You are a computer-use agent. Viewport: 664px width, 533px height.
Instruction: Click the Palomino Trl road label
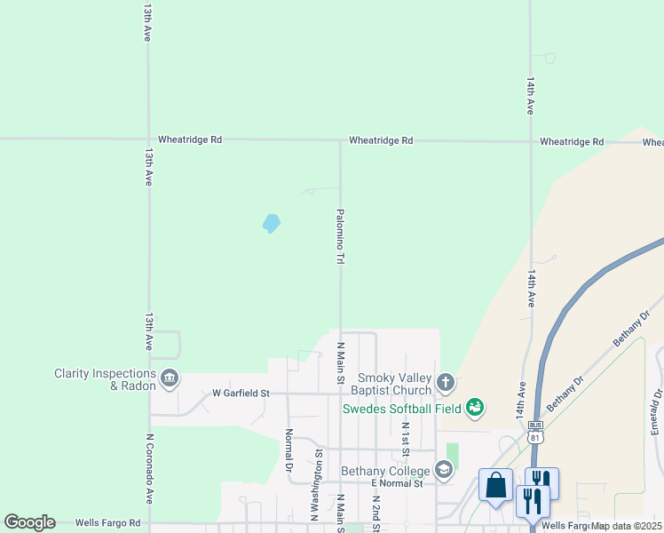click(340, 236)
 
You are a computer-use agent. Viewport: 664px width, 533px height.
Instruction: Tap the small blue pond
click(272, 223)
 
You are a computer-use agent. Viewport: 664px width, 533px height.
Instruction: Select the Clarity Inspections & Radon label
click(105, 379)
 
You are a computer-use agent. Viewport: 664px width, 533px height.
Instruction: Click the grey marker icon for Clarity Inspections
click(170, 380)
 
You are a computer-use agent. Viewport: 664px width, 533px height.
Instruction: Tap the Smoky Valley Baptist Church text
click(393, 384)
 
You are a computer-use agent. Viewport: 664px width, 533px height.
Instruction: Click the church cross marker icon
click(446, 384)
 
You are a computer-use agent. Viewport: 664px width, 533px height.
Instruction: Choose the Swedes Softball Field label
click(401, 409)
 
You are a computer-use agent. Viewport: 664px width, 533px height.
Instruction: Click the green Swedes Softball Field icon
click(475, 408)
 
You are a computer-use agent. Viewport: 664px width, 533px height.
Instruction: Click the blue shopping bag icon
click(495, 486)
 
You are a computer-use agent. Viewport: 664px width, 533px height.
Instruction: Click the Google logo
click(29, 522)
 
